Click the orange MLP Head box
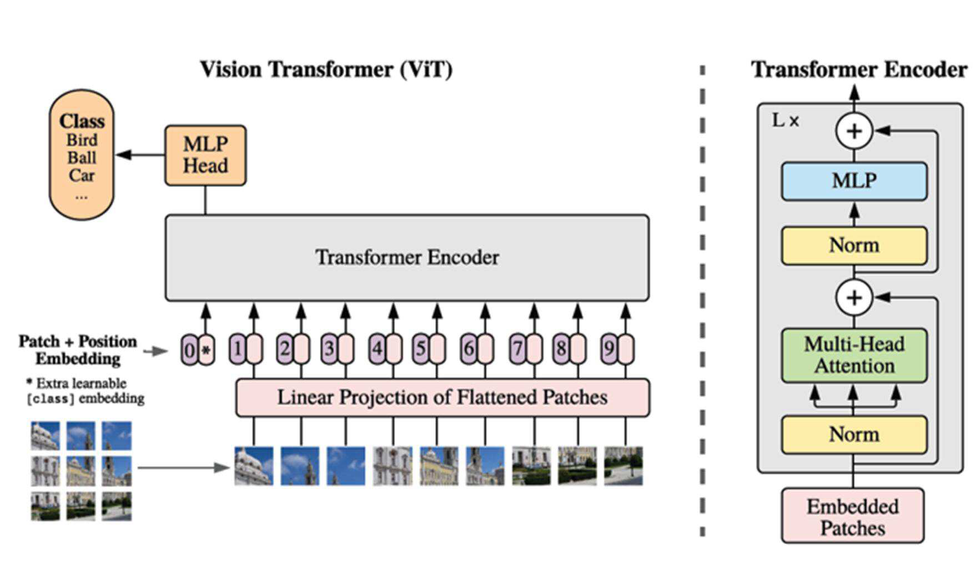coord(205,155)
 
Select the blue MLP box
coord(854,181)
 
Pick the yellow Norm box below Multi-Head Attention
coord(854,435)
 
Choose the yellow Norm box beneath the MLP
coord(854,246)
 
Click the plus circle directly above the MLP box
coord(854,131)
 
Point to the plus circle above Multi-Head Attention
coord(854,298)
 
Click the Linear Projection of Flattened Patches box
coord(443,398)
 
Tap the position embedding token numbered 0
coord(189,350)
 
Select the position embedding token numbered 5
coord(420,349)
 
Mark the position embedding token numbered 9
coord(609,349)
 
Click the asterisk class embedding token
coord(206,350)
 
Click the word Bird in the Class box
coord(82,139)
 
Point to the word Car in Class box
coord(82,176)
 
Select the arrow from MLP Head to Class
coord(140,155)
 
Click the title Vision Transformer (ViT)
coord(327,70)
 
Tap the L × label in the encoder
coord(786,120)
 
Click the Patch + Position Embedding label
coord(78,350)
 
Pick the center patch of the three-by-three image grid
coord(81,471)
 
